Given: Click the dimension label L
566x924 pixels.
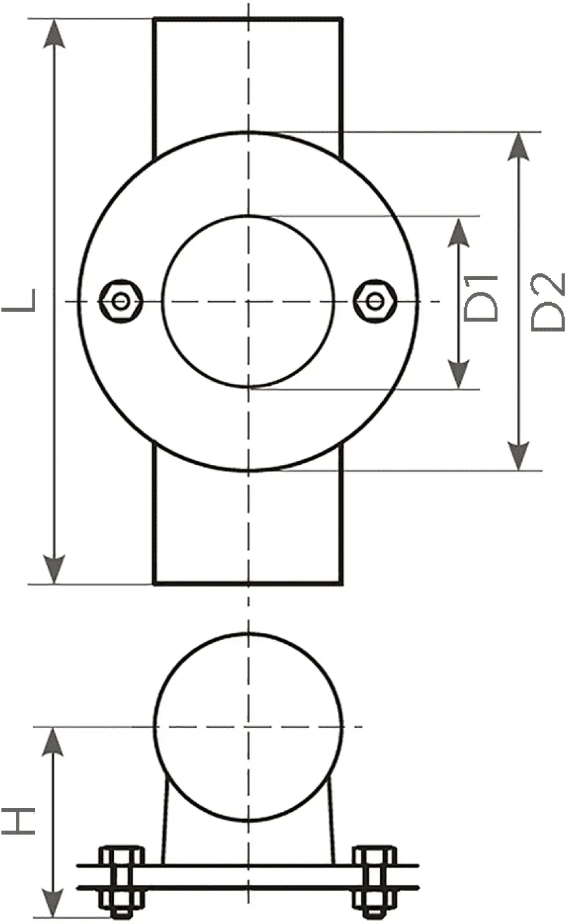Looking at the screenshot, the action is click(19, 300).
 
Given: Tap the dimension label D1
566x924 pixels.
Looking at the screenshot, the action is click(481, 298).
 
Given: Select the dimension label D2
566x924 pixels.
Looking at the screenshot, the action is click(547, 302).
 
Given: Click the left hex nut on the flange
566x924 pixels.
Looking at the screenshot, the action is click(121, 302).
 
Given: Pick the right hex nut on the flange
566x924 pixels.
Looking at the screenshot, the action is click(375, 302).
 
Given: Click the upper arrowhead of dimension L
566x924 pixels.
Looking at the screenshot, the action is click(54, 34).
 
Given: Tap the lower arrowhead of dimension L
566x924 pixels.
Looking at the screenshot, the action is click(54, 569).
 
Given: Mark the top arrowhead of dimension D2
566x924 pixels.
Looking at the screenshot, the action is click(518, 147).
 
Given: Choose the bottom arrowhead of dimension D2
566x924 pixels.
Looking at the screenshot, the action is click(518, 456).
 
